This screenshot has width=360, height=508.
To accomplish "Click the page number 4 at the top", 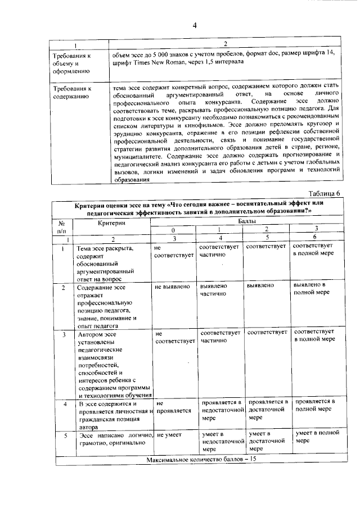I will [194, 25].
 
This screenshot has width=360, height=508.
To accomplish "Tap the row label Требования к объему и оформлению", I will [71, 63].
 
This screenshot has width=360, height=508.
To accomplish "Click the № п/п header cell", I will [62, 226].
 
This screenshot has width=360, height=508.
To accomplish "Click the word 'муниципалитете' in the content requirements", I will [138, 157].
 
